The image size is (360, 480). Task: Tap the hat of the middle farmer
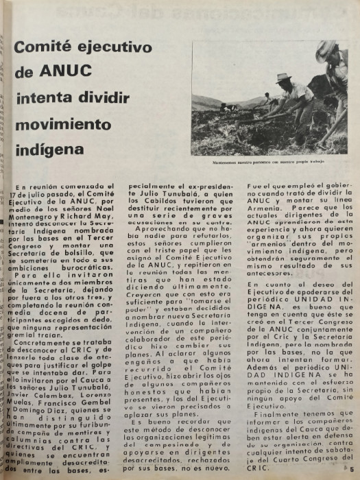pyautogui.click(x=282, y=78)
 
